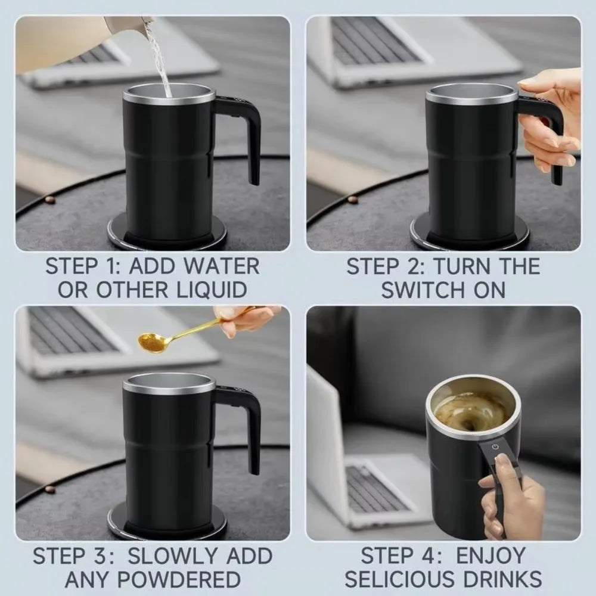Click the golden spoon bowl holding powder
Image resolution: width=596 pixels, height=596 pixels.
click(x=151, y=342)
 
